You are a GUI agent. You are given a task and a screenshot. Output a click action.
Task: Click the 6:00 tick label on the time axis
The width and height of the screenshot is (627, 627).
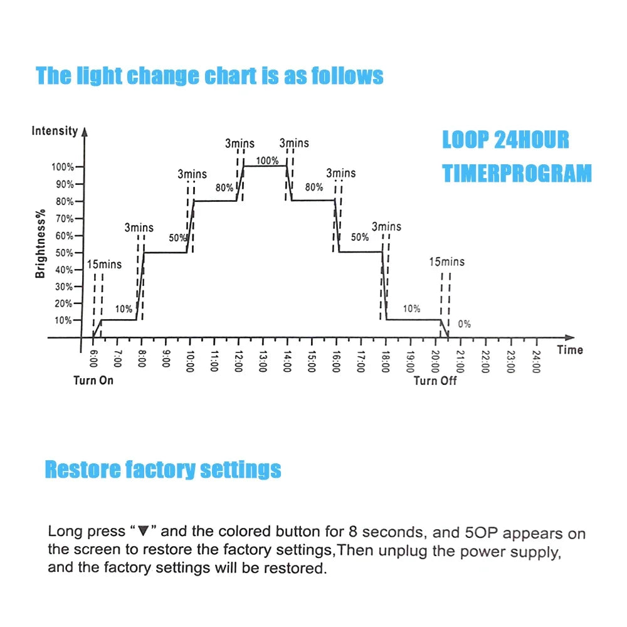tap(93, 359)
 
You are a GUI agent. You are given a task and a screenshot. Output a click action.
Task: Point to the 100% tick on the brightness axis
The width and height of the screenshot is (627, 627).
tap(63, 167)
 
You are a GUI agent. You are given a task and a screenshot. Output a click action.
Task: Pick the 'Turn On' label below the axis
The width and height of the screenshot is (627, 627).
tap(93, 381)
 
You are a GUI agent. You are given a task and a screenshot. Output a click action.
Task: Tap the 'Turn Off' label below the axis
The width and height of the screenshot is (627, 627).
tap(435, 381)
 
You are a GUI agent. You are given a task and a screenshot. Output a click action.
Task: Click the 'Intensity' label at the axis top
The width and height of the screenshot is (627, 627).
tap(55, 131)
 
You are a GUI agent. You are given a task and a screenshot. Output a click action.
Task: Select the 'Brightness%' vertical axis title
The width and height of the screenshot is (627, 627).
tap(40, 243)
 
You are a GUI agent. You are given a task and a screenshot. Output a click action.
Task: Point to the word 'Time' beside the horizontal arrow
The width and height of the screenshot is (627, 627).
tap(569, 350)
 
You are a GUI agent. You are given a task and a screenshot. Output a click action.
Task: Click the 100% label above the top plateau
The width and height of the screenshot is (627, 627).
tap(267, 161)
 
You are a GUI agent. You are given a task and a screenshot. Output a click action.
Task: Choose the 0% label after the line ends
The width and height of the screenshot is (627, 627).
tap(464, 324)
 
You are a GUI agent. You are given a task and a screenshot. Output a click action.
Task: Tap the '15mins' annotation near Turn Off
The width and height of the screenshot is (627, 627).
tap(447, 261)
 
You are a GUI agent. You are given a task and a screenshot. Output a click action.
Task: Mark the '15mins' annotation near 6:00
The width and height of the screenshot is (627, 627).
tap(103, 264)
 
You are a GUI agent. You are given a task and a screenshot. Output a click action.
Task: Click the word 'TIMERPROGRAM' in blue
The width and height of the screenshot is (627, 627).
tap(517, 173)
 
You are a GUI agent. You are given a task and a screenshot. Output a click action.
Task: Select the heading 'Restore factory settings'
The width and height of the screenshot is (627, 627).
tap(163, 469)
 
